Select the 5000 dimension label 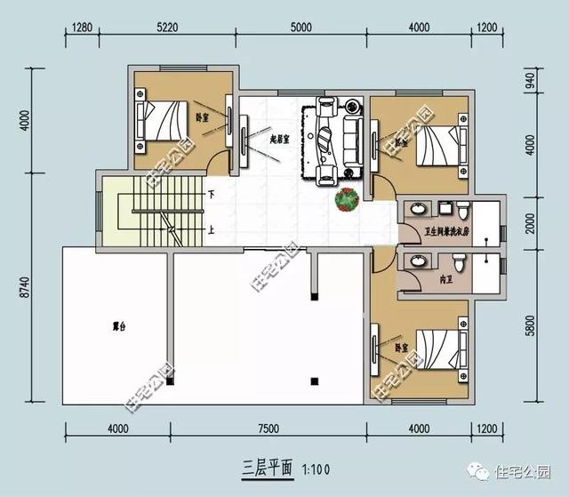(301, 27)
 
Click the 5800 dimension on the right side (531, 327)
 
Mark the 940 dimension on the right (531, 84)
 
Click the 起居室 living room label (283, 139)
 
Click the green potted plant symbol (346, 199)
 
